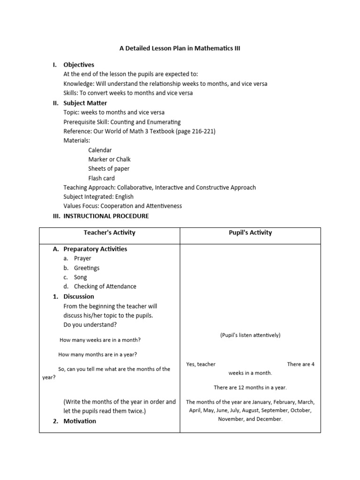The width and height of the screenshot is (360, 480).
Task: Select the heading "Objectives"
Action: click(79, 65)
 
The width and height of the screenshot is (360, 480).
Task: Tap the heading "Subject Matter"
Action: click(85, 103)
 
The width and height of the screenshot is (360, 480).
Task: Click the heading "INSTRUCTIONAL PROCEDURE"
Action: click(106, 216)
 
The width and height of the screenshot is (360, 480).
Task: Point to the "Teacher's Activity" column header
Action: click(109, 232)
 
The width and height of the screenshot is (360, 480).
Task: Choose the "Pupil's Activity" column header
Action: click(250, 232)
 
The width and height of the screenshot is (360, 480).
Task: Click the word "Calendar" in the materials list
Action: click(100, 150)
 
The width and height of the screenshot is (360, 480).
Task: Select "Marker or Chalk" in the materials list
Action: click(109, 159)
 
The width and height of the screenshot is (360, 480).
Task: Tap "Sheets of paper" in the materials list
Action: click(109, 169)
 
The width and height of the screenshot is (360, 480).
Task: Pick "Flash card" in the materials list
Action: click(101, 178)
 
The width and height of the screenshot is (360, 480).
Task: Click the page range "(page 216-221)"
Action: click(195, 131)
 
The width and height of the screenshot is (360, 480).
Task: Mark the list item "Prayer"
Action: click(82, 258)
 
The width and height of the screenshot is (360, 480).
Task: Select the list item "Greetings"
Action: click(87, 268)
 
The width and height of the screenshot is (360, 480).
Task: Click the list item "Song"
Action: click(81, 277)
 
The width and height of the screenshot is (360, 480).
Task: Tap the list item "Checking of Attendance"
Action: click(105, 286)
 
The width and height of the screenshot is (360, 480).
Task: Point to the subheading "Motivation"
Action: click(80, 421)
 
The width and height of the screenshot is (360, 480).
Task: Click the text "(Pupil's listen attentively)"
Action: click(250, 335)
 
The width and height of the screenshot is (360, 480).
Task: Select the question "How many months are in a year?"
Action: click(98, 354)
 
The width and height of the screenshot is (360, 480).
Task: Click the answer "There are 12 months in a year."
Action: click(250, 388)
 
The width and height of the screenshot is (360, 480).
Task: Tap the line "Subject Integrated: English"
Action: click(98, 197)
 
